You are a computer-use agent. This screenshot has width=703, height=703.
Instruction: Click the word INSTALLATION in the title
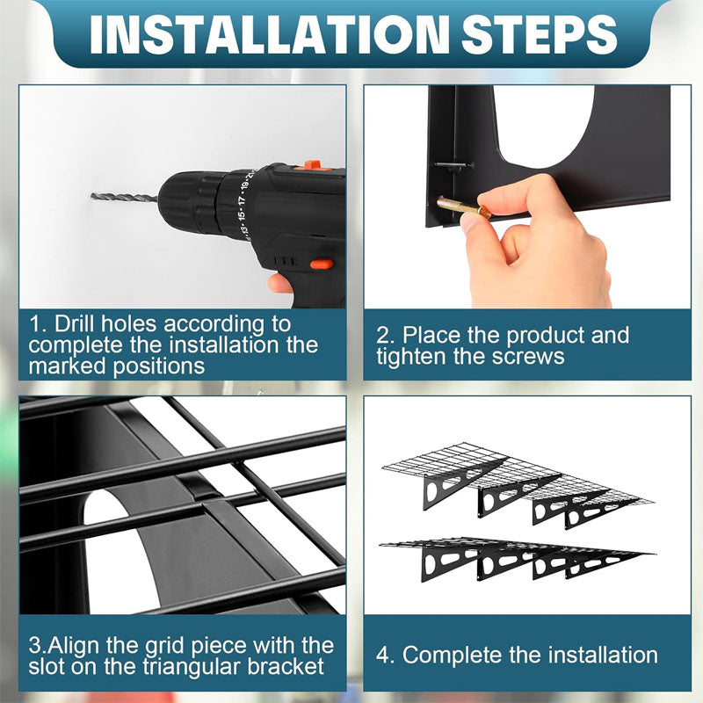(270, 34)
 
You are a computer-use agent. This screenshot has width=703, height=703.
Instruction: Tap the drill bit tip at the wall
(93, 196)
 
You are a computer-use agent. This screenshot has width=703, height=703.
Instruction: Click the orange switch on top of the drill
(313, 165)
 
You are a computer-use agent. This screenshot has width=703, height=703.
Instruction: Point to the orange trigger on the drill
(322, 265)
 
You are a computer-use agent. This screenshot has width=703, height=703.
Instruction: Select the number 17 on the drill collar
(243, 199)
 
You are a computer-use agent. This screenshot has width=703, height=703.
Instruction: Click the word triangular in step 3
(192, 667)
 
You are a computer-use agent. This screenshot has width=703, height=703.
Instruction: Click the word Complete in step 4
(452, 655)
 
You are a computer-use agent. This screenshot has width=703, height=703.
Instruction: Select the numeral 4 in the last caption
(383, 656)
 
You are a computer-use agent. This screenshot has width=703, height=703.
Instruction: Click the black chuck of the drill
(188, 203)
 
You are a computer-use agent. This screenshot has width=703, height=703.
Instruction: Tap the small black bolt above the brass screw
(453, 166)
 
